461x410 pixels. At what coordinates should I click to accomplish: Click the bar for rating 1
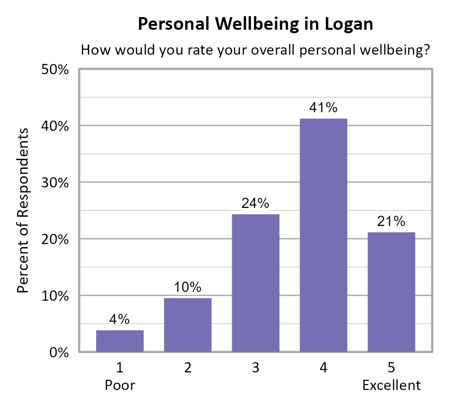coord(120,341)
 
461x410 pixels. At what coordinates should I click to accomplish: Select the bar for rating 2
coord(188,325)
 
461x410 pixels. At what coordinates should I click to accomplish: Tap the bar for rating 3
coord(256,283)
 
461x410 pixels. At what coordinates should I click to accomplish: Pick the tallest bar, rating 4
coord(323,235)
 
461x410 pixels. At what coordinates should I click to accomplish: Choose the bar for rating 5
coord(391,292)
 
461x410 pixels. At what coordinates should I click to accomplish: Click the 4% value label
coord(120,319)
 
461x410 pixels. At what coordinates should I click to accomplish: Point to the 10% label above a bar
coord(188,287)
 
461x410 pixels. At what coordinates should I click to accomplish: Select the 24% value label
coord(256,204)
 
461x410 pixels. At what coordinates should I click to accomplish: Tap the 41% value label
coord(323,108)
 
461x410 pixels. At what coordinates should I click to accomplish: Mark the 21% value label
coord(391,221)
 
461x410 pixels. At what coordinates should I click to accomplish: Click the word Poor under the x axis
coord(120,385)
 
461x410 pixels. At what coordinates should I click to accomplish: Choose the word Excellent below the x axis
coord(391,385)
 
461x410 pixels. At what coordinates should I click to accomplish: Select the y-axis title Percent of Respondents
coord(23,210)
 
